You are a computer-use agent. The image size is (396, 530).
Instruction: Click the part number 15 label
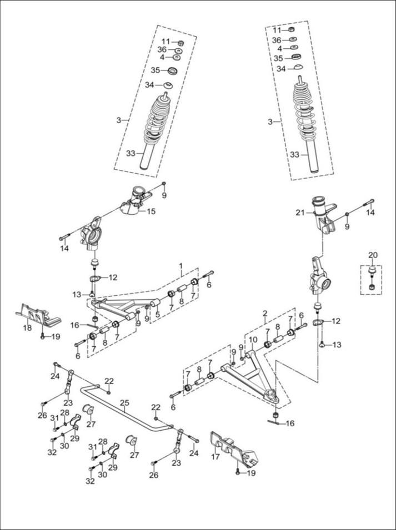click(x=151, y=211)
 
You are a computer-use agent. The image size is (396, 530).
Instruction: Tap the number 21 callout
click(x=300, y=213)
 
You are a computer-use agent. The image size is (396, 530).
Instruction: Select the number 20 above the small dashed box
click(x=373, y=255)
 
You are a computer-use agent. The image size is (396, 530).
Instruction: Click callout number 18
click(x=27, y=327)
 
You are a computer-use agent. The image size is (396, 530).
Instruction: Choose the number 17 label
click(x=215, y=457)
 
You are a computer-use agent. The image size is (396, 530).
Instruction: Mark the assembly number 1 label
click(x=181, y=265)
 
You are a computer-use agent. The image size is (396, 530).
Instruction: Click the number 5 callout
click(x=157, y=314)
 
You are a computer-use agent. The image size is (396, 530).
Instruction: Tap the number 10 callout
click(x=253, y=339)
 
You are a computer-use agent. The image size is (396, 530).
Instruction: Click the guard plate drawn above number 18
click(x=38, y=315)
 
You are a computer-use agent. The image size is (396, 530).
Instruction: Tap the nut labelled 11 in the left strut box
click(x=181, y=43)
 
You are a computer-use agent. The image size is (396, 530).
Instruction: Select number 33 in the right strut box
click(x=294, y=154)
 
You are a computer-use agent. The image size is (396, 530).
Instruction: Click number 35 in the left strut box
click(x=155, y=70)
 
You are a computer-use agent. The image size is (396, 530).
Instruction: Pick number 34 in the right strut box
click(x=281, y=69)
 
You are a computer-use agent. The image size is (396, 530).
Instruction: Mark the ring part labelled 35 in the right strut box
click(x=297, y=57)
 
